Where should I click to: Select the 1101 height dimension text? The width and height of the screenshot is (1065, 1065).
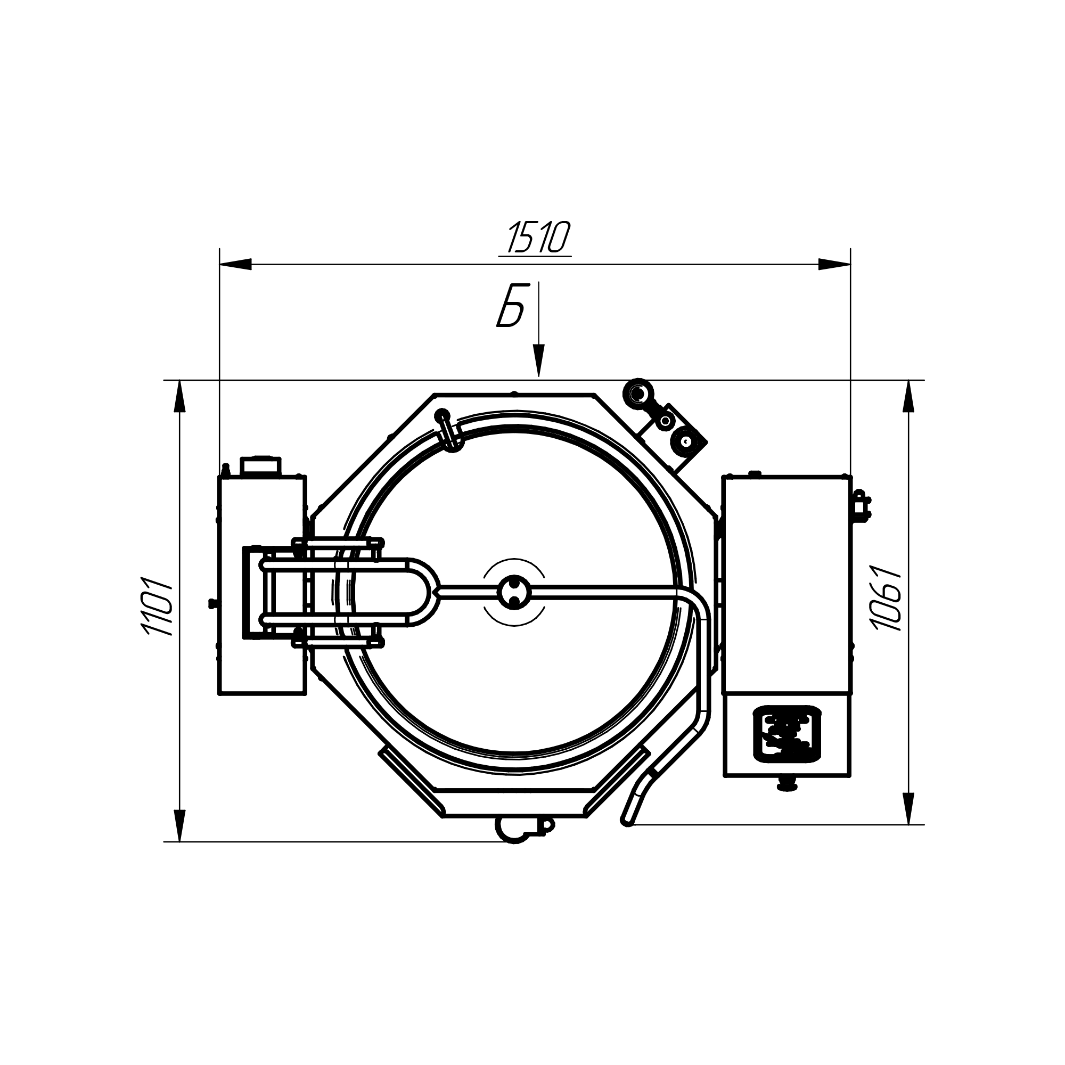click(x=159, y=606)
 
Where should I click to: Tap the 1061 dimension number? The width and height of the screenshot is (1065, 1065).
click(x=886, y=597)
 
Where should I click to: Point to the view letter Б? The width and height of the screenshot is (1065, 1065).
click(x=510, y=307)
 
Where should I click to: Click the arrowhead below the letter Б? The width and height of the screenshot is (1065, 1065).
click(x=538, y=361)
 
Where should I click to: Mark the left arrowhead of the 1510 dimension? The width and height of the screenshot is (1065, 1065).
click(x=235, y=264)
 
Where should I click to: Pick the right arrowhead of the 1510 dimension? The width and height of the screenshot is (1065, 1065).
click(x=834, y=264)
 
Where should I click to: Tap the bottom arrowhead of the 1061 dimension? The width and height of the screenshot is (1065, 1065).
click(x=908, y=808)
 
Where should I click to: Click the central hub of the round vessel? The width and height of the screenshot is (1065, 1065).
click(x=514, y=593)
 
